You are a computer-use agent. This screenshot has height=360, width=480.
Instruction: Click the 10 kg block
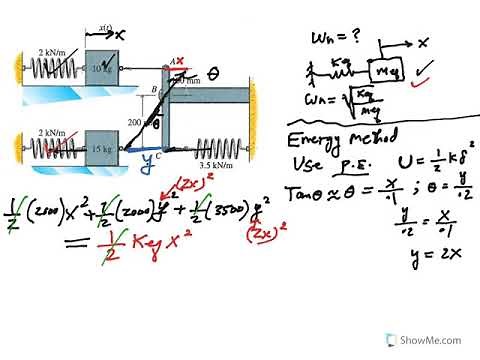pos(103,67)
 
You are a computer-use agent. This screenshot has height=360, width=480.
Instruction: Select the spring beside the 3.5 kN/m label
pos(216,147)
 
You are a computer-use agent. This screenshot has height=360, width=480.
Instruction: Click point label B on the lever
pos(153,89)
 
